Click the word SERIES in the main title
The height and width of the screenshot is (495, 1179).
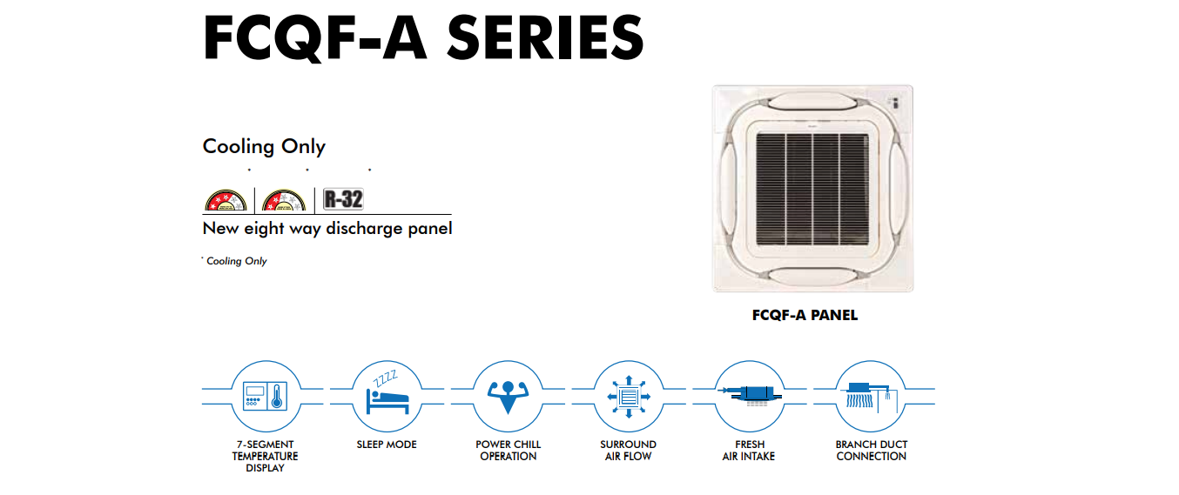(545, 37)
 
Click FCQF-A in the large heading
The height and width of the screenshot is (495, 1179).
(314, 38)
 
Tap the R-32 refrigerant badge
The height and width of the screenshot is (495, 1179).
(343, 199)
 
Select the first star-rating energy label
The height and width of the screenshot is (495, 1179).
(226, 200)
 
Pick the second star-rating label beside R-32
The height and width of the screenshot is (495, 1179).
(284, 200)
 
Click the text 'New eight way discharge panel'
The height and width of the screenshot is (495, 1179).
(327, 229)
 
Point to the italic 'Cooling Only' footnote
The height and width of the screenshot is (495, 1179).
(236, 261)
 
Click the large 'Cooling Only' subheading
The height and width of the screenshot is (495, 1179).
(264, 146)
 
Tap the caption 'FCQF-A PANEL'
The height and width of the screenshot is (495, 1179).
(805, 315)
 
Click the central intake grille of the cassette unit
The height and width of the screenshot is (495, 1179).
(812, 190)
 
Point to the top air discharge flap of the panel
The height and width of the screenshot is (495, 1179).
(812, 101)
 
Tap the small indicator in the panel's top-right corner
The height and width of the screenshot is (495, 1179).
(895, 103)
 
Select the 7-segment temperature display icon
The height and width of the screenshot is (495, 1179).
(266, 396)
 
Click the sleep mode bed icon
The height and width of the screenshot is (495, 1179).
(387, 396)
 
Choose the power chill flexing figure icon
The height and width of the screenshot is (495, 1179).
(508, 396)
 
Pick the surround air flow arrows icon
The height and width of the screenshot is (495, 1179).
(629, 396)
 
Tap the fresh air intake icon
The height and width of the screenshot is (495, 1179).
(750, 396)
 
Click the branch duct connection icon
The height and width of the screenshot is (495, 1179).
(871, 396)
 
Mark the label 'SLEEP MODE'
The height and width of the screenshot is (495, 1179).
(387, 445)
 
